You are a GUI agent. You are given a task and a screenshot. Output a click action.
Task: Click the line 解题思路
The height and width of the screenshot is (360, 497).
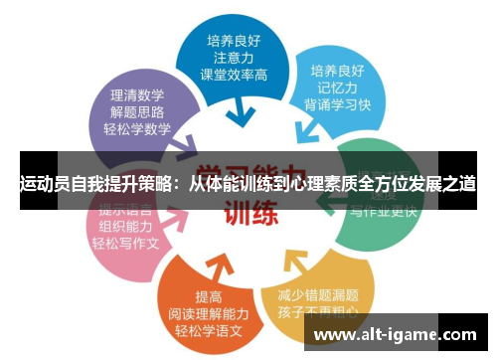tap(136, 112)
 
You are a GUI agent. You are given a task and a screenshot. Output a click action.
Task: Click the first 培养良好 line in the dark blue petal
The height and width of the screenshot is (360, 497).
tap(236, 42)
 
